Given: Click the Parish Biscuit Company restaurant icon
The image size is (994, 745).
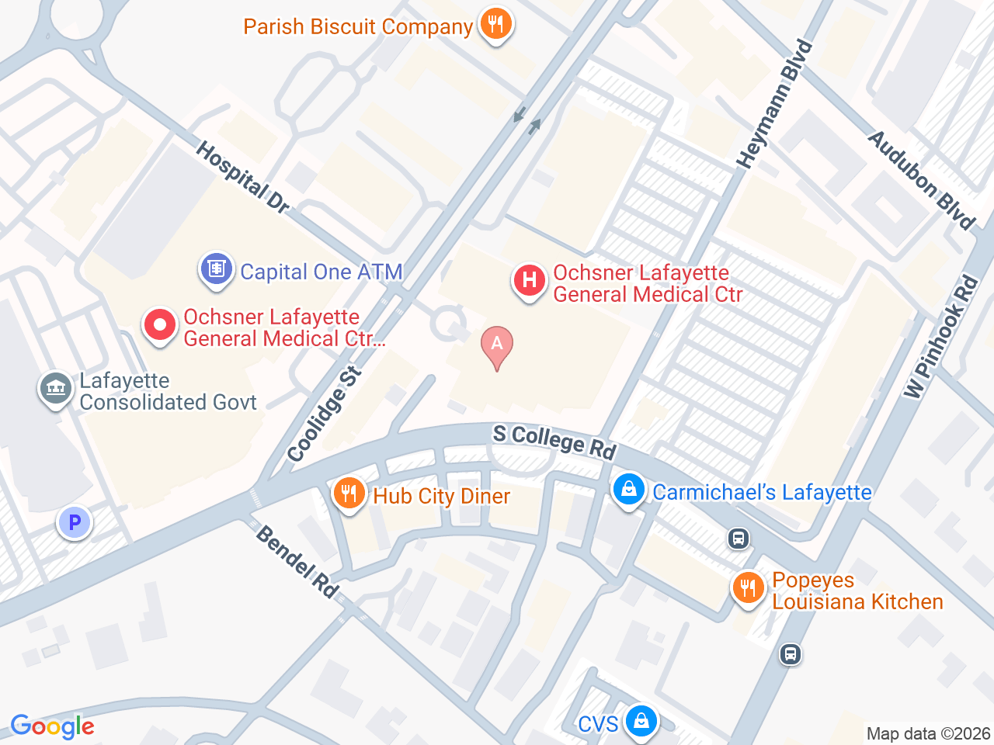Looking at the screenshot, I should pyautogui.click(x=495, y=24).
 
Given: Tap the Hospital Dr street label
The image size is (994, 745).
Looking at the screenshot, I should pyautogui.click(x=242, y=178).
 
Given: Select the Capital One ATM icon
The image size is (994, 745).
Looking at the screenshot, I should pyautogui.click(x=216, y=269).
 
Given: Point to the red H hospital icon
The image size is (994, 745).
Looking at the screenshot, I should pyautogui.click(x=529, y=280).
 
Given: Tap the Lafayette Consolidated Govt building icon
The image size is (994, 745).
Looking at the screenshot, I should pyautogui.click(x=55, y=388).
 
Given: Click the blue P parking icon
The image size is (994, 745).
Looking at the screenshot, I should pyautogui.click(x=75, y=523).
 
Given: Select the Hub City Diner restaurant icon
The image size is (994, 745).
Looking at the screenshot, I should pyautogui.click(x=349, y=494).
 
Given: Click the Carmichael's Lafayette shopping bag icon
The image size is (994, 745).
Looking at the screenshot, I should pyautogui.click(x=628, y=490).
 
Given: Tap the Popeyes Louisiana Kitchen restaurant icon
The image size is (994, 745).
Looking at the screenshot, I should pyautogui.click(x=748, y=588).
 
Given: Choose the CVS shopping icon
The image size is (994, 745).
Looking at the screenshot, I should pyautogui.click(x=641, y=721).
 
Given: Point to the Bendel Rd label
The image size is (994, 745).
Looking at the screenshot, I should pyautogui.click(x=297, y=562).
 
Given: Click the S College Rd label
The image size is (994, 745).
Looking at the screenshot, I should pyautogui.click(x=554, y=441).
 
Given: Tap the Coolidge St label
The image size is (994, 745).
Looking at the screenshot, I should pyautogui.click(x=325, y=414).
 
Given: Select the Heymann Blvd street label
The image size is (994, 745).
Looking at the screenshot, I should pyautogui.click(x=775, y=105).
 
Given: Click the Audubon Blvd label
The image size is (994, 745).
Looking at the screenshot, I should pyautogui.click(x=921, y=180).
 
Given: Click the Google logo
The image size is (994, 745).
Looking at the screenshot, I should pyautogui.click(x=53, y=726).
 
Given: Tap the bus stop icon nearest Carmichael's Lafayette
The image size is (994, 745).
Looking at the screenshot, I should pyautogui.click(x=738, y=538).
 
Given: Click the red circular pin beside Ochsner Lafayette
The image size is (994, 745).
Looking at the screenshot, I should pyautogui.click(x=160, y=324).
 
